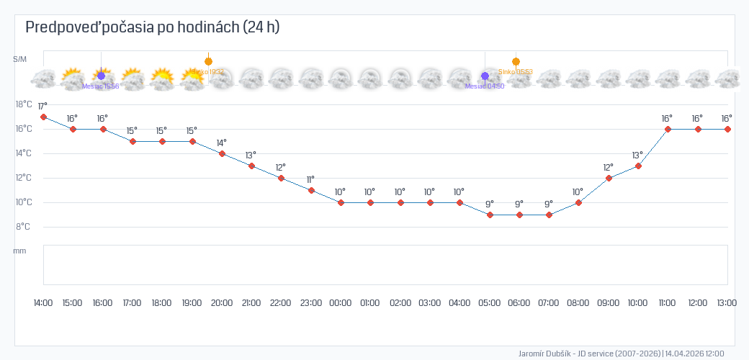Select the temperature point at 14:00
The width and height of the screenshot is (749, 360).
click(44, 117)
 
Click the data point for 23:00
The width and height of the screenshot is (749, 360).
click(311, 190)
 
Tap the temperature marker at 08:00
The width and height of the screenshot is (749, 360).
click(578, 202)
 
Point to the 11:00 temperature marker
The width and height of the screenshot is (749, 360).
click(668, 129)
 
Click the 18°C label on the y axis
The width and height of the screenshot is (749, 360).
click(24, 104)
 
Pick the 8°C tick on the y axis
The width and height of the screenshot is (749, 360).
click(24, 227)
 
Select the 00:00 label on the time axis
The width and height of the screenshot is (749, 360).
click(340, 303)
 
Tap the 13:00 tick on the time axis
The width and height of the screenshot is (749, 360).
click(726, 303)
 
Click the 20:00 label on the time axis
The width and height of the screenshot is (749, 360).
click(221, 303)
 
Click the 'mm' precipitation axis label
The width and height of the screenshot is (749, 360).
click(20, 251)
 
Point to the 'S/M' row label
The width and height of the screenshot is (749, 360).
click(20, 59)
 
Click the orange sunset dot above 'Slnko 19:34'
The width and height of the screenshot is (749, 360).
click(208, 61)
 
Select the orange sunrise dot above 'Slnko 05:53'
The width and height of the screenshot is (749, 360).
click(516, 62)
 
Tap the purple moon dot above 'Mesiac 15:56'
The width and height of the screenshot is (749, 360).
click(101, 76)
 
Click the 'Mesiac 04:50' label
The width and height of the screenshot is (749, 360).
click(485, 86)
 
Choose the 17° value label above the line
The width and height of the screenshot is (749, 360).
click(42, 106)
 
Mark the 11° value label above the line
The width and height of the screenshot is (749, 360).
click(310, 180)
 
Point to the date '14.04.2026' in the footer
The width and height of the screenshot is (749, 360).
click(684, 354)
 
